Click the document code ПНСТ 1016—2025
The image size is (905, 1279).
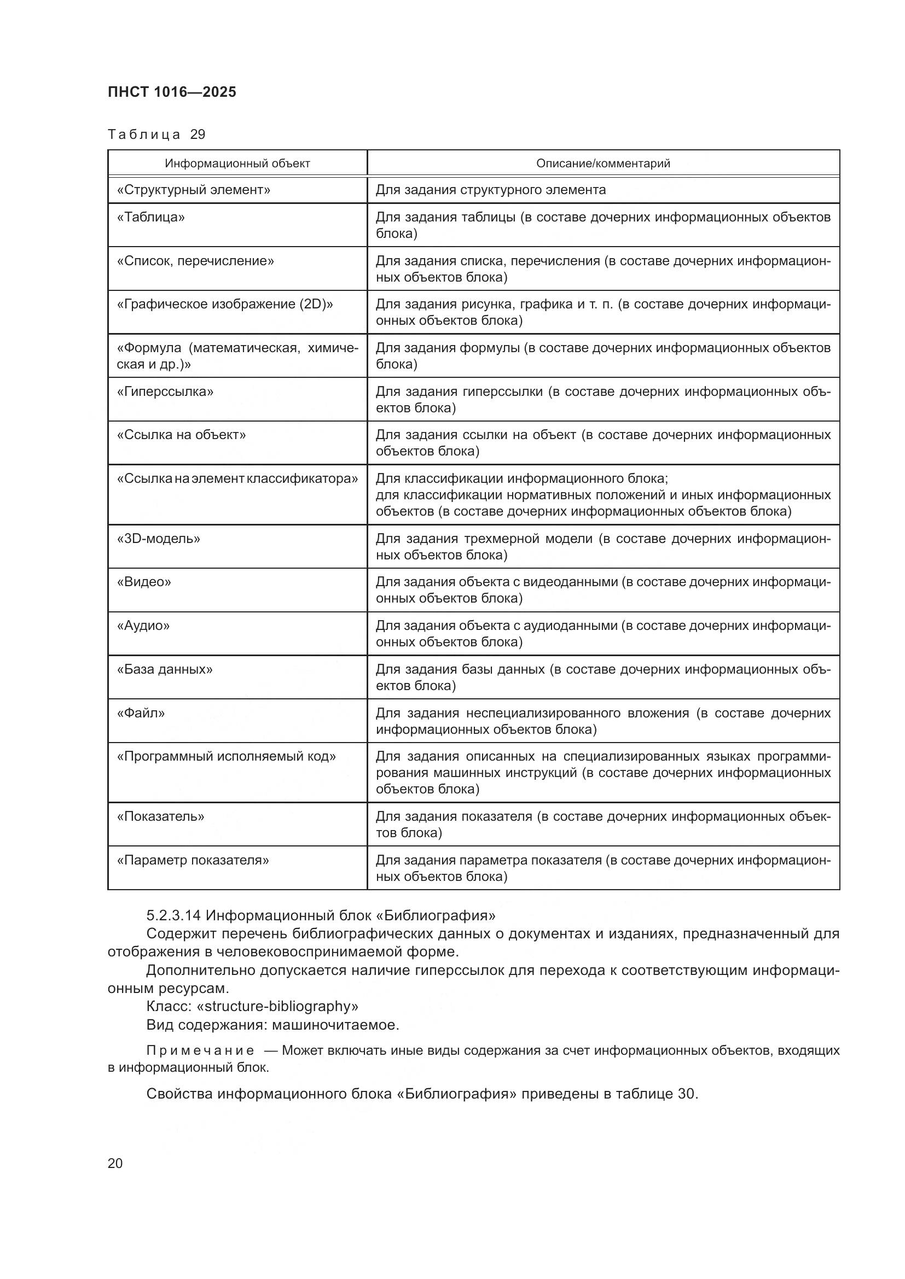(x=172, y=92)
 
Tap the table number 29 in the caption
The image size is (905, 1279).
(x=198, y=135)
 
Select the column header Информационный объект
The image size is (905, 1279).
(x=237, y=164)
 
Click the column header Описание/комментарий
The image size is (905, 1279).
(x=603, y=164)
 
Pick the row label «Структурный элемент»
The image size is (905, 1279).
(x=193, y=190)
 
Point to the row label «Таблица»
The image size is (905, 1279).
(x=150, y=217)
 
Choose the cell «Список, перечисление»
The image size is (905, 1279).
(x=195, y=261)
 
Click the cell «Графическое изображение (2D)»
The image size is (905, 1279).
(x=224, y=304)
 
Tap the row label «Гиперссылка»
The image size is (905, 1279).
(x=165, y=392)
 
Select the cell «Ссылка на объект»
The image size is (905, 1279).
(x=181, y=435)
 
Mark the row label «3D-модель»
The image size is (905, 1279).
(x=158, y=539)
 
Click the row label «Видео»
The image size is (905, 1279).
(x=144, y=582)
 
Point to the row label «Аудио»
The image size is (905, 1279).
(x=143, y=626)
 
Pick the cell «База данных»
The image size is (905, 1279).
(x=164, y=669)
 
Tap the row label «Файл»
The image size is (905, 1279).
(x=141, y=713)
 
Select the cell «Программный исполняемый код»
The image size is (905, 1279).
(x=227, y=756)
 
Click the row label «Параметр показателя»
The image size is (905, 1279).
(x=193, y=860)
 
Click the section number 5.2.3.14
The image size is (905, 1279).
(x=176, y=915)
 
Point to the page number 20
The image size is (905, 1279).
(x=115, y=1163)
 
